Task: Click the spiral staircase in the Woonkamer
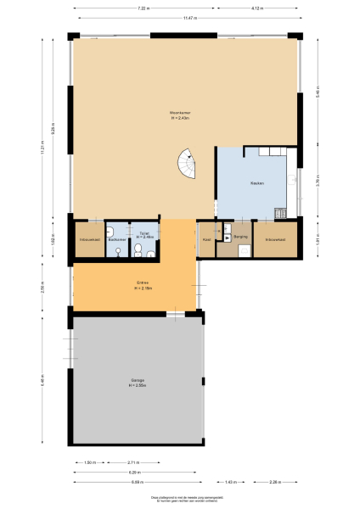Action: [185, 163]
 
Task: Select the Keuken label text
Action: [257, 183]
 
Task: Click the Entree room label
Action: [143, 284]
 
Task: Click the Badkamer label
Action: [116, 239]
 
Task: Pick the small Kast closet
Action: [206, 239]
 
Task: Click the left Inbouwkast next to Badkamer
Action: [88, 239]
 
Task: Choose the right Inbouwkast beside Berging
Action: [274, 239]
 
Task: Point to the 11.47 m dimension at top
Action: [186, 17]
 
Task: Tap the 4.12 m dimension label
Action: [256, 8]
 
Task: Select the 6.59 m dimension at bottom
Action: [137, 482]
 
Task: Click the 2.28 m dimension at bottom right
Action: [274, 482]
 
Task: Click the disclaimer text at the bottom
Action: [179, 499]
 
